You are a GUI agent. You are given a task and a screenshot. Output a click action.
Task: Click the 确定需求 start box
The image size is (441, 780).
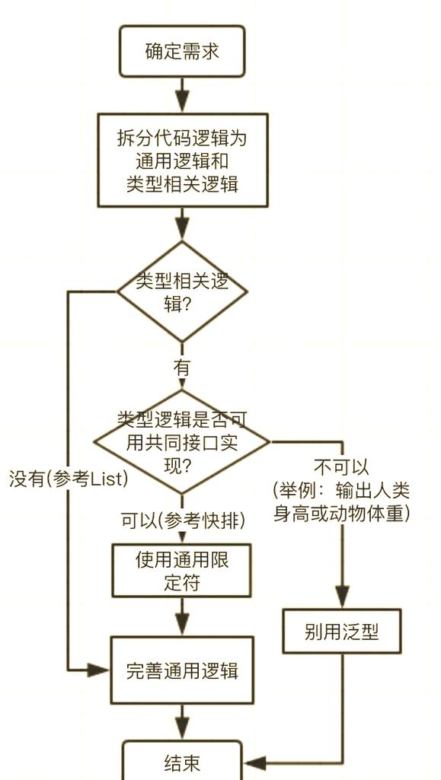(182, 52)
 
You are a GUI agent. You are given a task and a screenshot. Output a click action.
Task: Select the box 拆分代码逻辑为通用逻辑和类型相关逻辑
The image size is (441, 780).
(182, 161)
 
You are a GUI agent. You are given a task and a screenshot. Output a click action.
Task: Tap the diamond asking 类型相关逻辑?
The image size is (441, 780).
(182, 291)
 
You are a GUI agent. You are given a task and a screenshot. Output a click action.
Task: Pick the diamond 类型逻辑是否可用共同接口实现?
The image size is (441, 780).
(182, 441)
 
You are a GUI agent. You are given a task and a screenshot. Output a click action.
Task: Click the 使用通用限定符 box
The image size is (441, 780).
(182, 571)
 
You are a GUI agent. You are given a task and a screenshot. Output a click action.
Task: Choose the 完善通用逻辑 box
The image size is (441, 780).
(182, 670)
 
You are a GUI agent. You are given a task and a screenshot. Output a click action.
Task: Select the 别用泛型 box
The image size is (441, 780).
(341, 631)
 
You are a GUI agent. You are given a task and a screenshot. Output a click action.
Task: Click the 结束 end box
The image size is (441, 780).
(182, 762)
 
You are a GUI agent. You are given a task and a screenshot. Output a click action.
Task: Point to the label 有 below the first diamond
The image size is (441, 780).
(182, 368)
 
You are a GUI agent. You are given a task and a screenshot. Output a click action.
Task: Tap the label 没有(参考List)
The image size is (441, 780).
(69, 480)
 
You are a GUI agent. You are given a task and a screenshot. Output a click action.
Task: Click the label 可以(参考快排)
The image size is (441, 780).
(183, 521)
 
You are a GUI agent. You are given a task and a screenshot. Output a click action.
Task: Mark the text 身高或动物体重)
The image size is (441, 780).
(342, 513)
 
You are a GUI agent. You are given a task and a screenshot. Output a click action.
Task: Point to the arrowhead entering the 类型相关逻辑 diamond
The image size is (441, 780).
(182, 229)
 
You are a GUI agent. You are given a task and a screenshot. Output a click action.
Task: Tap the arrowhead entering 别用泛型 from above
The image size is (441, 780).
(342, 597)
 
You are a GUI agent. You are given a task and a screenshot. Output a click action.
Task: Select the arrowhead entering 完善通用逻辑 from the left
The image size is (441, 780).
(98, 670)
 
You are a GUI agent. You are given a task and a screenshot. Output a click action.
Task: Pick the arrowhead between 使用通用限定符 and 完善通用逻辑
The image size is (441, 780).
(182, 624)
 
